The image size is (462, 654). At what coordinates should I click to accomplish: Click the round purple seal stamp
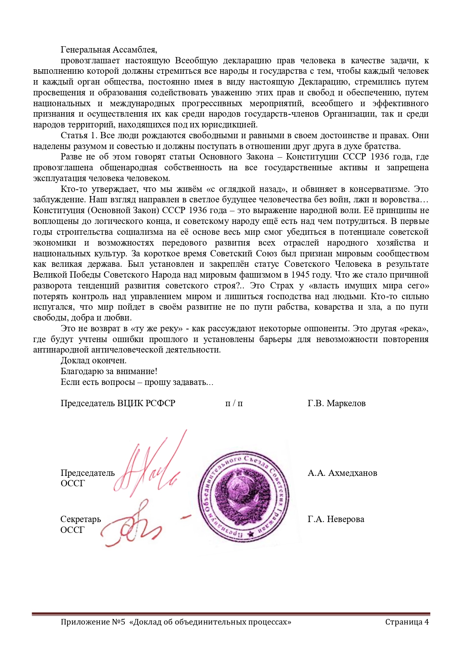pos(244,495)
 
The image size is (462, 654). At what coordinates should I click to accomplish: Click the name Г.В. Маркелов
pos(336,403)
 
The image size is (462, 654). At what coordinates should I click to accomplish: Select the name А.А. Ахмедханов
pos(342,473)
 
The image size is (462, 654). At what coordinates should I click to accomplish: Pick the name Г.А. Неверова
pos(336,519)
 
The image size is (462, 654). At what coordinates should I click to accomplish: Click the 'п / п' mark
pos(234,403)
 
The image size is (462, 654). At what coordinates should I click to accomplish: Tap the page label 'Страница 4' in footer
pos(407,622)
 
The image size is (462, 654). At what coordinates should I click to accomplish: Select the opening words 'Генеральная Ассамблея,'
pos(109,50)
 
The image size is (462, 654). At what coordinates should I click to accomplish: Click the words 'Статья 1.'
pos(79,135)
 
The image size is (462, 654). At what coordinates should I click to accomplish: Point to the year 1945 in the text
pos(300,275)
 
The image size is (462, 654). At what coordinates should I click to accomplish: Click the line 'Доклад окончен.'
pos(94,360)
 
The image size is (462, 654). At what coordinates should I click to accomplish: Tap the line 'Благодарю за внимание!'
pos(109,371)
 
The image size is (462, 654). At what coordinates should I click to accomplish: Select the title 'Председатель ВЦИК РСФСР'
pos(118,403)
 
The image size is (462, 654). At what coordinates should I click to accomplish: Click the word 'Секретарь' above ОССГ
pos(80,519)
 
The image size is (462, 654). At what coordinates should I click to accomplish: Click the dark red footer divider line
pos(231,614)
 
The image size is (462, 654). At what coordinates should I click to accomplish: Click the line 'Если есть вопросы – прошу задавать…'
pos(137,382)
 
